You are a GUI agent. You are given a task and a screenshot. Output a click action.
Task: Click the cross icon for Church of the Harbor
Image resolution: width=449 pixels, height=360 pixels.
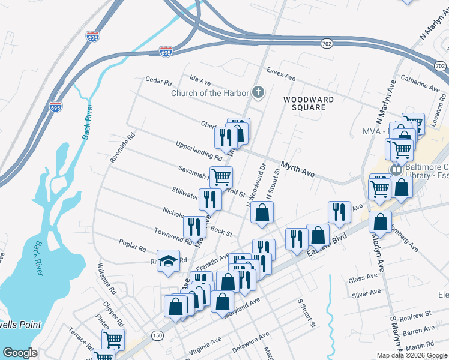(x=258, y=92)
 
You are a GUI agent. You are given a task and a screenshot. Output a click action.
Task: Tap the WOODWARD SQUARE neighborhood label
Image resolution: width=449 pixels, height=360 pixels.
(x=305, y=103)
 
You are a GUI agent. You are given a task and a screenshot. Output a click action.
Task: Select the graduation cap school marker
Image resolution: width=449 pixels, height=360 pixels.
(x=169, y=260)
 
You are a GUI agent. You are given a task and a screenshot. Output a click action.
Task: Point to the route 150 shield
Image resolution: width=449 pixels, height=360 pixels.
(x=157, y=334)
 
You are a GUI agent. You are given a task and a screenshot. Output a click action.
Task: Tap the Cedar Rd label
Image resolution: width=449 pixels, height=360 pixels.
(x=159, y=79)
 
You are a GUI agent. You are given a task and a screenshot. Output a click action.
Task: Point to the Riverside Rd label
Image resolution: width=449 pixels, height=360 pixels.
(x=122, y=148)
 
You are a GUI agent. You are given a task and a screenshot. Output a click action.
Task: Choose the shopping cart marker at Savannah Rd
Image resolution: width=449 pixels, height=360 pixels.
(x=221, y=176)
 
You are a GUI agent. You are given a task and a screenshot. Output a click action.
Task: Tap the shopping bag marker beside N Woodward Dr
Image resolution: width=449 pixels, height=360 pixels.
(x=262, y=212)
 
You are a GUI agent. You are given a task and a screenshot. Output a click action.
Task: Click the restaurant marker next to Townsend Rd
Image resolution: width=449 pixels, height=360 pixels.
(x=194, y=226)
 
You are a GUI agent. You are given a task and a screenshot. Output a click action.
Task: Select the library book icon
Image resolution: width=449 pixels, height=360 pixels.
(x=396, y=170)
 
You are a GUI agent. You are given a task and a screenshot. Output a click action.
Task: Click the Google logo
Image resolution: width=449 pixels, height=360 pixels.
(x=20, y=353)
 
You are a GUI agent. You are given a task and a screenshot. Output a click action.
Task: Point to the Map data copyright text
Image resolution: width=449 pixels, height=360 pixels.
(x=412, y=355)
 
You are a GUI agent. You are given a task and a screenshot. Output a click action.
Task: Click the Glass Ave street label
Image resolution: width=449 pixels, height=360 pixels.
(x=363, y=279)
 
